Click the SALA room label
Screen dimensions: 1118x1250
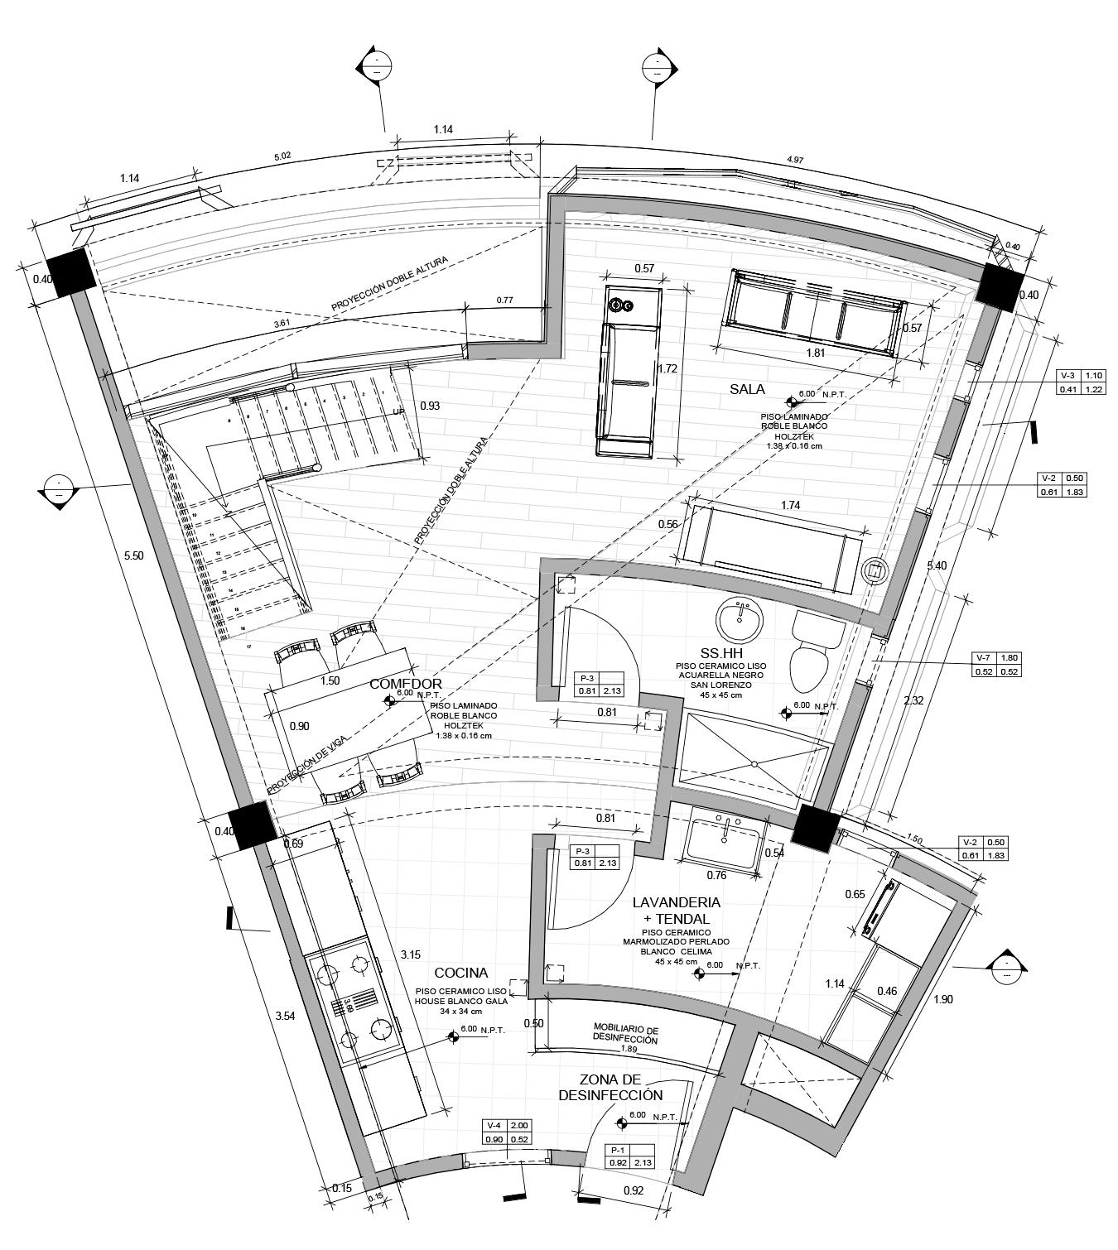click(x=747, y=388)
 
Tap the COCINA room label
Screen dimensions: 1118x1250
click(x=460, y=973)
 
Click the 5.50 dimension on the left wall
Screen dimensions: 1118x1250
click(x=133, y=555)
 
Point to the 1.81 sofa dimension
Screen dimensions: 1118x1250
click(x=815, y=351)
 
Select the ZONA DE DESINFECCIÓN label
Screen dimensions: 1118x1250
click(x=610, y=1087)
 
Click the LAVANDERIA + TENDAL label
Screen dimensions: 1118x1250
click(x=676, y=910)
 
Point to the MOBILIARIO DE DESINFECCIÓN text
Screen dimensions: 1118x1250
click(x=625, y=1035)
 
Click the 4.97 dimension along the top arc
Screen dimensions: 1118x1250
click(x=795, y=159)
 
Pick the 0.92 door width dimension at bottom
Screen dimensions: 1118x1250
click(x=633, y=1190)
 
